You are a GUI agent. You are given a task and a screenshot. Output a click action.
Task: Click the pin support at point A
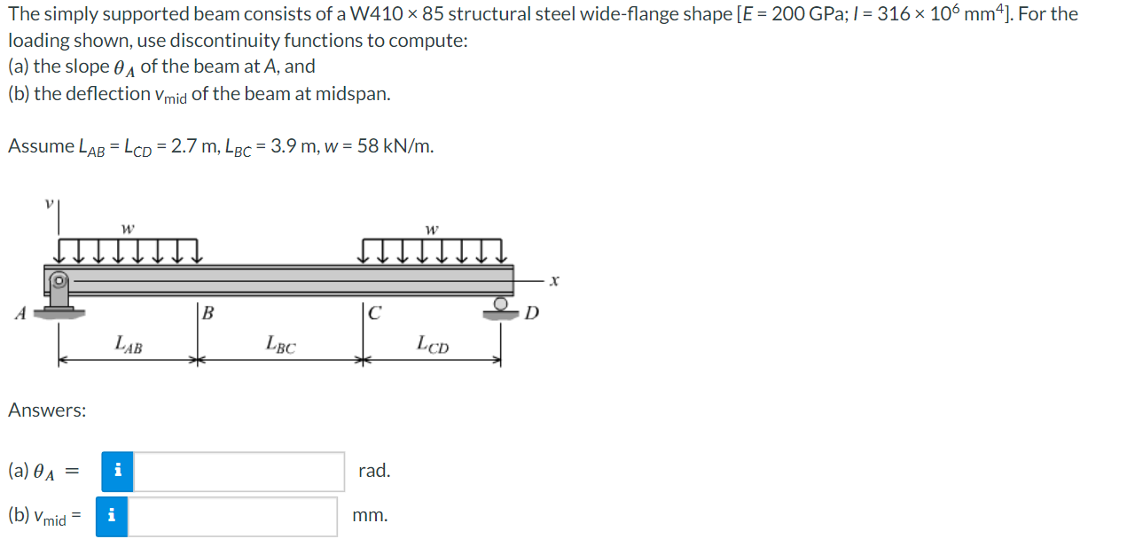point(59,293)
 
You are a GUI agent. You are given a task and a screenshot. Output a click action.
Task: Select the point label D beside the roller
point(531,312)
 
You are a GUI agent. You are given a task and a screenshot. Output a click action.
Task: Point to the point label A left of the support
point(19,312)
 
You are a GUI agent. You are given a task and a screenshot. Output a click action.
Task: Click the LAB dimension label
point(129,345)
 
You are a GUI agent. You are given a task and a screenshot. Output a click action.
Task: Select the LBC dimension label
point(281,345)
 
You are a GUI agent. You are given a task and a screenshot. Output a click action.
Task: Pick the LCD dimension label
point(433,345)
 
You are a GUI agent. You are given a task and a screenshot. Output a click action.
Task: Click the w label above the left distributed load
point(128,229)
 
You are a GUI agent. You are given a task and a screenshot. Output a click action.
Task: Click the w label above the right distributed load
point(432,229)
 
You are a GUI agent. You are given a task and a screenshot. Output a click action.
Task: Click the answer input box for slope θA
point(239,472)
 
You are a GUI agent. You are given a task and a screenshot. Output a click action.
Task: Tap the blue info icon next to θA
point(117,472)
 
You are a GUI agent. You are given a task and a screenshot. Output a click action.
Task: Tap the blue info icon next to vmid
point(111,516)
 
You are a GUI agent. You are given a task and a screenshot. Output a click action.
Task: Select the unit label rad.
point(374,471)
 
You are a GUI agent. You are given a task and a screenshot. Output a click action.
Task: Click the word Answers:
point(47,410)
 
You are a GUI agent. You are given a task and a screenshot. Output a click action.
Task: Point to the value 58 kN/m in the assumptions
point(395,146)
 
